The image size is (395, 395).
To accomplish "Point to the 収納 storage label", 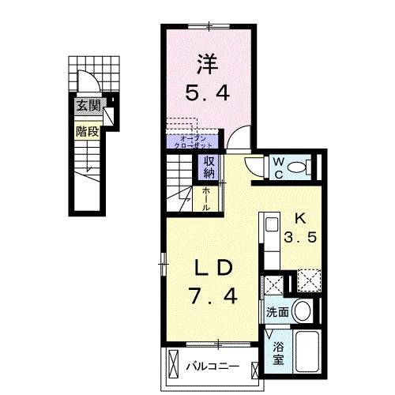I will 209,167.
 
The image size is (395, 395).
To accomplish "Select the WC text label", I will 279,166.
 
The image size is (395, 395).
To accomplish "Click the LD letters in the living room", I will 213,269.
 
